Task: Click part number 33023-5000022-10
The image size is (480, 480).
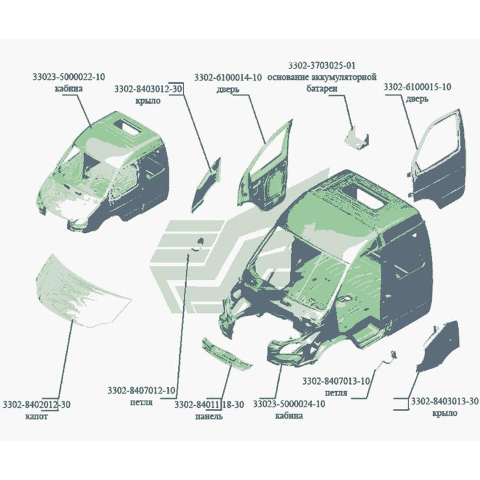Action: click(x=68, y=77)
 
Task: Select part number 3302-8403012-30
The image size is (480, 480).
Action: click(x=148, y=89)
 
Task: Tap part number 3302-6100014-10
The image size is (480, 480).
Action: click(x=228, y=77)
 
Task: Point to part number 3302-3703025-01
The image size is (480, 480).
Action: click(x=322, y=65)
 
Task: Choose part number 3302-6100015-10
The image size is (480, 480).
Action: click(x=417, y=87)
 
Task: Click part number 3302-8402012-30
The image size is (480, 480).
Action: click(x=36, y=404)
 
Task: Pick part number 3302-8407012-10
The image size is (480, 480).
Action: click(x=141, y=390)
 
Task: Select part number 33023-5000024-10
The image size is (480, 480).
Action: click(x=289, y=404)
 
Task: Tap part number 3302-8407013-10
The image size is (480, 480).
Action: click(x=336, y=381)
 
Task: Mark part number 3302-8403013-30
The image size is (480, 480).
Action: click(x=445, y=401)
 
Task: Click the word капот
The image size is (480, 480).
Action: click(x=36, y=417)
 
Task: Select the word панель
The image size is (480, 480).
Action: click(x=209, y=417)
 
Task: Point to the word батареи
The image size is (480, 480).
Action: click(x=322, y=88)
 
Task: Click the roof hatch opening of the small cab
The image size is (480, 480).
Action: click(x=128, y=127)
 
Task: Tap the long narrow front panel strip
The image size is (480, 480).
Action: click(x=227, y=353)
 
